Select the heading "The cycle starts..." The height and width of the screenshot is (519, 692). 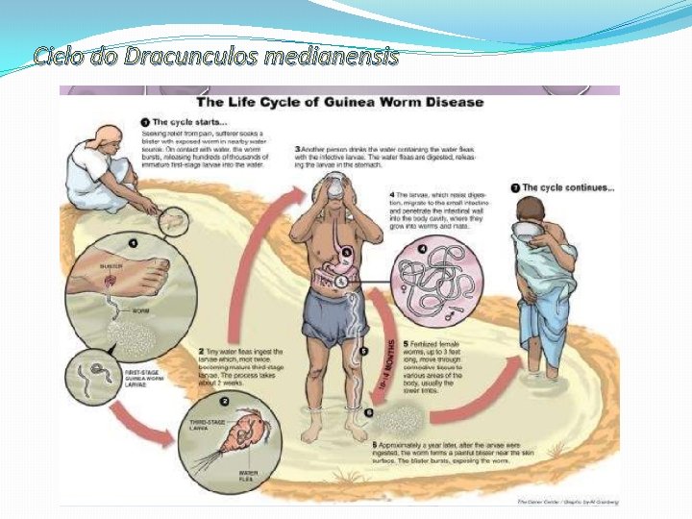(191, 122)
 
